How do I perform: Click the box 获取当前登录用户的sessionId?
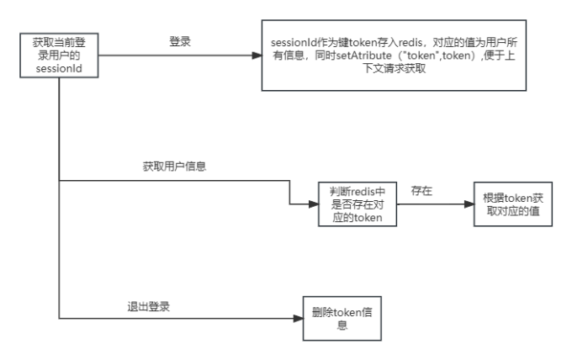[59, 56]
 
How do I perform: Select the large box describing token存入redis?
[394, 56]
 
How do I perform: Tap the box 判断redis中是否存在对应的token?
[357, 204]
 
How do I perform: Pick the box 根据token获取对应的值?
[513, 204]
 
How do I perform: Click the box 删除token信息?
[342, 319]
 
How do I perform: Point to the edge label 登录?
[180, 41]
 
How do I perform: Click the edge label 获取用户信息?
[174, 167]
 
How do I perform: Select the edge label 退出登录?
[149, 306]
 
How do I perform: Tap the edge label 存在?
[421, 190]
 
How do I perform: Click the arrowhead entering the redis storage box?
[257, 56]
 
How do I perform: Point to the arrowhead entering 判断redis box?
[314, 204]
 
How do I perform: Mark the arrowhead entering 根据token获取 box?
[469, 204]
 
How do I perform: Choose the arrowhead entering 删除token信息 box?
[299, 319]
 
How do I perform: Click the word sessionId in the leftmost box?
[59, 69]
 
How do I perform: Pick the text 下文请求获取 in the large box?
[394, 68]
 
